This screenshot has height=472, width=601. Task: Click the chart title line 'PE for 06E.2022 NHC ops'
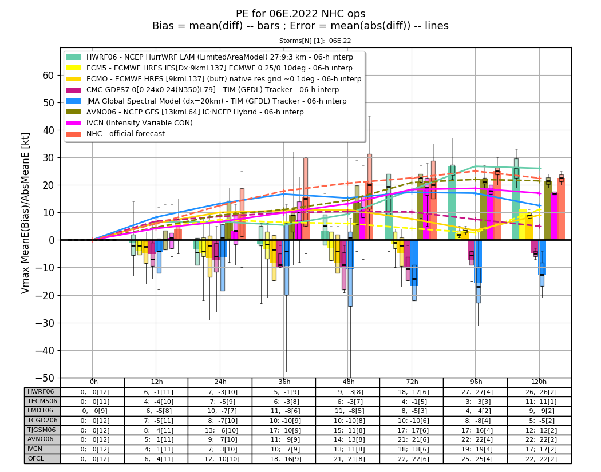[300, 14]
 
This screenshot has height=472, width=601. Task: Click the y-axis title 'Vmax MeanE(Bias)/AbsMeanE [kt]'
[25, 213]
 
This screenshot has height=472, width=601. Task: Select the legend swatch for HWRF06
[74, 57]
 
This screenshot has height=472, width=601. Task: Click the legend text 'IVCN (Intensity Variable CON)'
[140, 123]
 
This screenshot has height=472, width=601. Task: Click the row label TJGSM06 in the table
[42, 430]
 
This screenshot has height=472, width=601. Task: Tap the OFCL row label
[36, 459]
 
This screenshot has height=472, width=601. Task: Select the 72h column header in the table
[412, 382]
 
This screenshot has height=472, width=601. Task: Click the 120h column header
[539, 382]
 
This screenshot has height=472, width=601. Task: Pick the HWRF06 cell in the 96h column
[476, 392]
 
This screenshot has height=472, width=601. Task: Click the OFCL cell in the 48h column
[348, 459]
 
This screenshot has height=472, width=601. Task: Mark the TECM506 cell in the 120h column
[540, 402]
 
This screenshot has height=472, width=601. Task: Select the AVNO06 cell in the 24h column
[220, 440]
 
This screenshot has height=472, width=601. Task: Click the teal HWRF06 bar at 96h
[452, 203]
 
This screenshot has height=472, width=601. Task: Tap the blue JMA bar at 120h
[542, 257]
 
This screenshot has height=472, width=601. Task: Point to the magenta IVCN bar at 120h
[554, 216]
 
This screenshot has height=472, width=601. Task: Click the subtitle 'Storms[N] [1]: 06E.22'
[315, 41]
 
